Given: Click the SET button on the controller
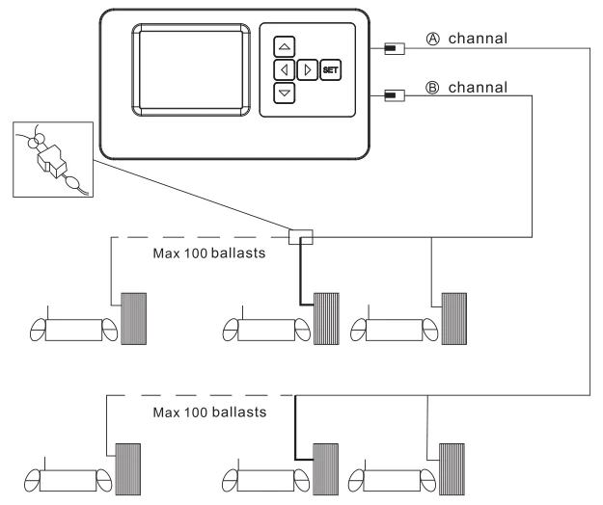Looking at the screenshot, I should tap(330, 69).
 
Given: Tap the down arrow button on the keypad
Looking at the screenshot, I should tap(284, 93).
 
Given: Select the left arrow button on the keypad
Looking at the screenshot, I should tap(284, 69).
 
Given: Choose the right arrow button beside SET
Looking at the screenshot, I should tap(307, 69).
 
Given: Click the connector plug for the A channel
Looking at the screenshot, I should tap(393, 48).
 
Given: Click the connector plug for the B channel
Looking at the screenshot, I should tap(393, 94).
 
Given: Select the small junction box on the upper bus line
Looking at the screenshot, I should tap(301, 235).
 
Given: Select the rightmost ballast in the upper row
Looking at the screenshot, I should tap(453, 319).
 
